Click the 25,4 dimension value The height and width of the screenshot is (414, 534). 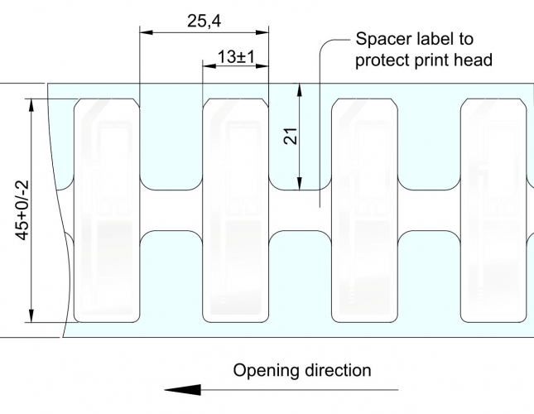[203, 22]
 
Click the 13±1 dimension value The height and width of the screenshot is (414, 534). [235, 57]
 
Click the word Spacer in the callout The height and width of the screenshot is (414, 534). [380, 39]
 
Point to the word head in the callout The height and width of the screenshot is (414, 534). [474, 60]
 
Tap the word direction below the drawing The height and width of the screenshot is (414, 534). [338, 370]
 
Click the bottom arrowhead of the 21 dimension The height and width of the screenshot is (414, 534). [301, 183]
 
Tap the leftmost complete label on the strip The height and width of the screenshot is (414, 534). [108, 210]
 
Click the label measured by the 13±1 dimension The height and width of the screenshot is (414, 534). [236, 210]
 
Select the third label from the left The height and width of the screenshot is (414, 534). [364, 210]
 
